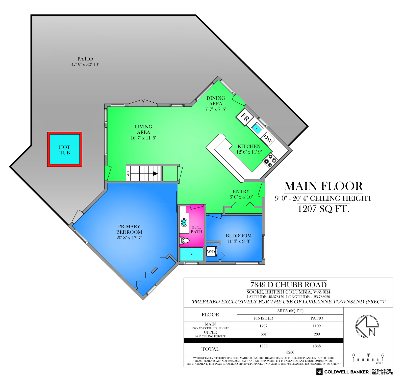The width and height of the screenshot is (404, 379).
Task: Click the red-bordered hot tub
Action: pyautogui.click(x=65, y=149)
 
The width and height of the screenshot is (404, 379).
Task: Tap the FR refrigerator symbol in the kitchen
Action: pyautogui.click(x=245, y=117)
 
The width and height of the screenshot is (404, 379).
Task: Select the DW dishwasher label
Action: pyautogui.click(x=267, y=139)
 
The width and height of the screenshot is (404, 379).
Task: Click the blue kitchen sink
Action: pyautogui.click(x=257, y=129)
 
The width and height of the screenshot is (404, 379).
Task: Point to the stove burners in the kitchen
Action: pyautogui.click(x=270, y=160)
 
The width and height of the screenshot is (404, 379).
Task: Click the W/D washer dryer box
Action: pyautogui.click(x=211, y=251)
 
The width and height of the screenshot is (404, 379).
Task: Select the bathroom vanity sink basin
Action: pyautogui.click(x=184, y=223)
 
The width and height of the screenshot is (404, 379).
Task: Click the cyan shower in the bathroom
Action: pyautogui.click(x=192, y=254)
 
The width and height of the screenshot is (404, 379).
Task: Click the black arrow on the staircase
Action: pyautogui.click(x=155, y=174)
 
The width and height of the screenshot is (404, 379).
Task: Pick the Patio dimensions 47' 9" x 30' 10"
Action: pyautogui.click(x=85, y=65)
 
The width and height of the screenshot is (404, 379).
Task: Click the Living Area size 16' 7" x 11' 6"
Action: pyautogui.click(x=143, y=138)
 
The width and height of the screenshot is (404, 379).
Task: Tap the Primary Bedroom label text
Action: pyautogui.click(x=129, y=229)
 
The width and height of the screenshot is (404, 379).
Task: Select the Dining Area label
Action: pyautogui.click(x=216, y=101)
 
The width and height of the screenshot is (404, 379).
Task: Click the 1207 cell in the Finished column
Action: pyautogui.click(x=263, y=326)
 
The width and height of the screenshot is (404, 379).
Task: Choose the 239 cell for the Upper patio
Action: pyautogui.click(x=317, y=334)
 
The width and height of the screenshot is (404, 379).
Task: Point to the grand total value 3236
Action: pyautogui.click(x=290, y=352)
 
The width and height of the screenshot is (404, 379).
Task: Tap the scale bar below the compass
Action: pyautogui.click(x=368, y=360)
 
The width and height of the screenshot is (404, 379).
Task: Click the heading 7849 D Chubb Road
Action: pyautogui.click(x=288, y=285)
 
